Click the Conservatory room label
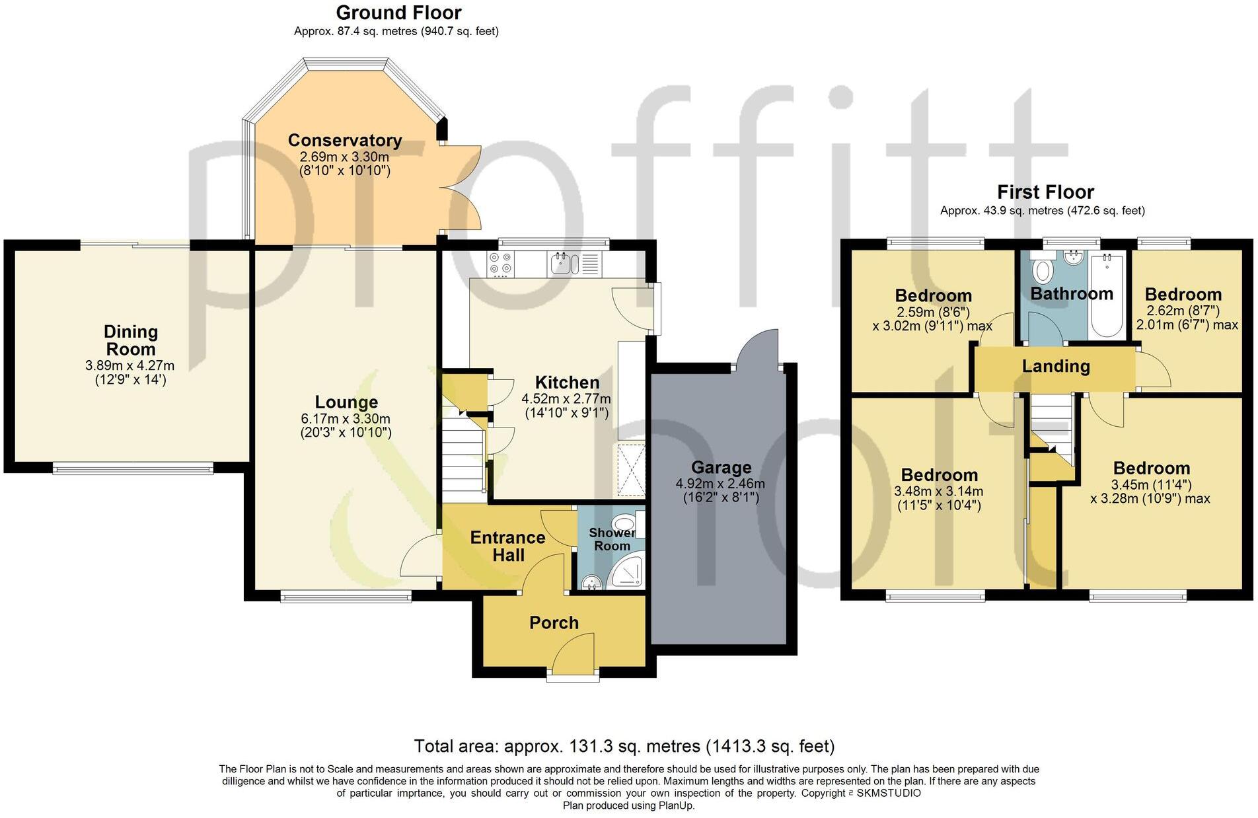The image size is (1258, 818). (x=345, y=140)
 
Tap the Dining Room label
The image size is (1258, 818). (x=131, y=340)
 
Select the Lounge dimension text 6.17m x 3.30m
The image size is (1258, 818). (x=346, y=419)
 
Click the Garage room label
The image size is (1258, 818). (x=721, y=468)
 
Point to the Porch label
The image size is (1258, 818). (x=554, y=622)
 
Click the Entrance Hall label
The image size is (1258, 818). (x=507, y=546)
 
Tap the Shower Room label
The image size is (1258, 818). (x=612, y=539)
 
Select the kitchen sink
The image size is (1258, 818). (x=562, y=264)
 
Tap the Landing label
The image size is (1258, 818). (x=1056, y=366)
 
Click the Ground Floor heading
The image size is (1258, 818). (x=398, y=13)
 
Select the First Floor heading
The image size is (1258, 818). (x=1045, y=192)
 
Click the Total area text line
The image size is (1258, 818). (x=624, y=747)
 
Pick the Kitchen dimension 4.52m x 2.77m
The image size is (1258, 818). (x=566, y=399)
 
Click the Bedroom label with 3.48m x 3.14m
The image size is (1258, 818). (x=939, y=474)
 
